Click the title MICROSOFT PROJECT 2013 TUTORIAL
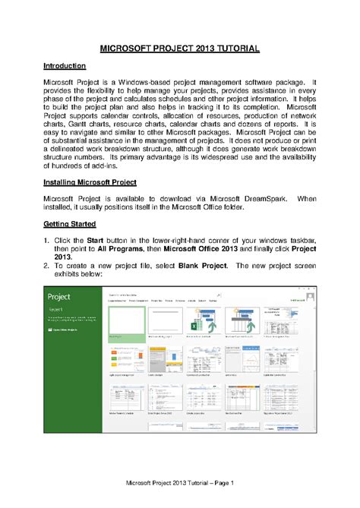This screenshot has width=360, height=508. pos(180,49)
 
